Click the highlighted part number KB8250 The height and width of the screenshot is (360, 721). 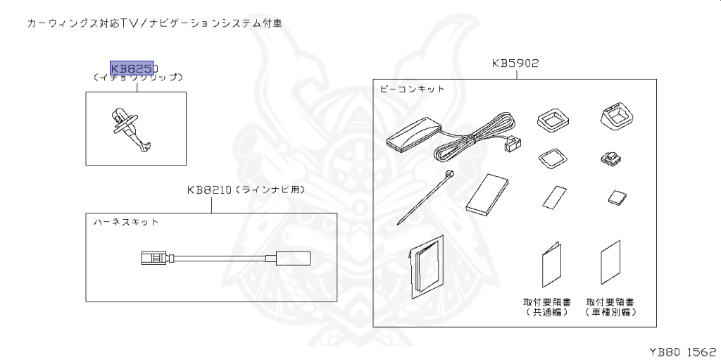133,68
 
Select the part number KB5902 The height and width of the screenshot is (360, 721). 515,63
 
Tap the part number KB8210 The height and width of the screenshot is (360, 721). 208,190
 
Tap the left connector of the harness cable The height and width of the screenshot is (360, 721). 153,258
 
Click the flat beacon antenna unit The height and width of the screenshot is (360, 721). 413,134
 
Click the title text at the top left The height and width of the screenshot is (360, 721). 154,23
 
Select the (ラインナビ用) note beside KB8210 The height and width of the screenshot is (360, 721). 270,190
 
